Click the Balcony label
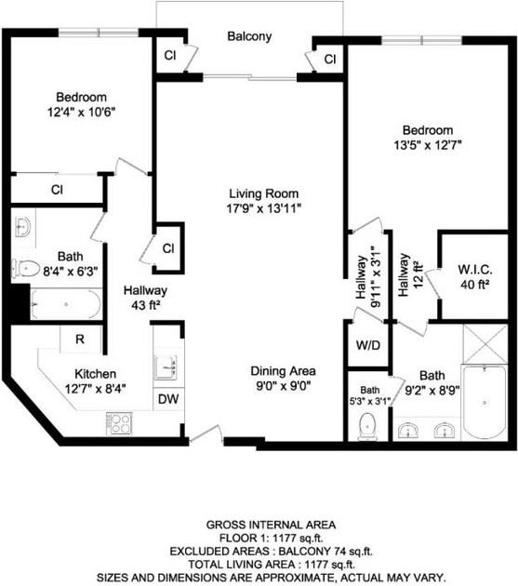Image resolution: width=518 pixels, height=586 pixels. pos(249,37)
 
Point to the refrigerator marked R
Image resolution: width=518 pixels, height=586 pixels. pos(81,340)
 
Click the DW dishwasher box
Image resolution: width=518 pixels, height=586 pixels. pos(168,398)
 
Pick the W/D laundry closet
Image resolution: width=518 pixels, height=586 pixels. pos(367,344)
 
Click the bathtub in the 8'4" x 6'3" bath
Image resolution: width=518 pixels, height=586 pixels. pos(65,305)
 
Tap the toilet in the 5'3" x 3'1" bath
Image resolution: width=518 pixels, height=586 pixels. pos(367,426)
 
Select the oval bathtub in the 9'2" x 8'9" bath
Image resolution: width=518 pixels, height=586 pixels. pos(484,403)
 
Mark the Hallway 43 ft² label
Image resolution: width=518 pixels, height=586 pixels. pos(145,297)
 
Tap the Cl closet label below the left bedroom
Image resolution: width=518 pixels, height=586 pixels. pos(57,190)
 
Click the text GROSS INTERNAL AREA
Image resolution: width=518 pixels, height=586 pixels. pos(259,525)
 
